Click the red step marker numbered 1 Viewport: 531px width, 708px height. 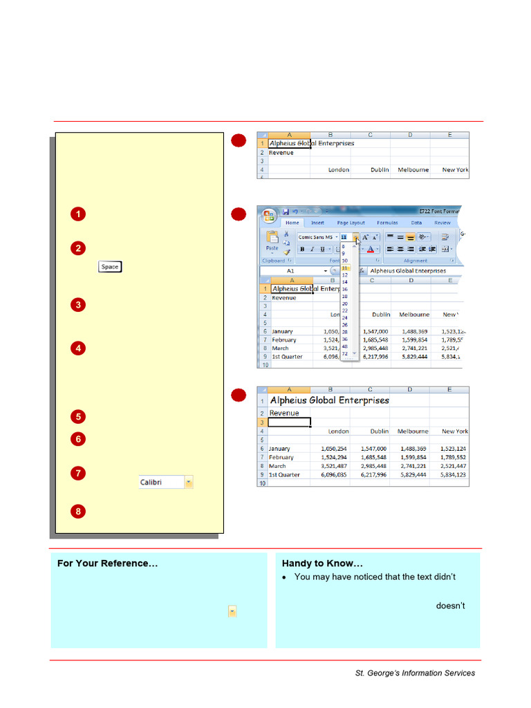pos(78,214)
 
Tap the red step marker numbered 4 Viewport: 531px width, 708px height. pos(78,348)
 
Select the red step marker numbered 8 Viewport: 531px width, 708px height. pos(78,512)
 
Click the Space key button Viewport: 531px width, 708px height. pos(109,267)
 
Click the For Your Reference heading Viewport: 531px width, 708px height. pos(107,563)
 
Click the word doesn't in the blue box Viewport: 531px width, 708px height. pos(450,606)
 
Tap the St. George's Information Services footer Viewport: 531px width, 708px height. pos(415,673)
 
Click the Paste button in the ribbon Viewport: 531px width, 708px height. pos(272,241)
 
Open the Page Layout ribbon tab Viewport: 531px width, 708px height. pos(351,223)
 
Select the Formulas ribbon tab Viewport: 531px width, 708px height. pos(387,223)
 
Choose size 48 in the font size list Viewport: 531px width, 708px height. pos(345,346)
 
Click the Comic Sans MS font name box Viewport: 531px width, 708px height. pos(316,236)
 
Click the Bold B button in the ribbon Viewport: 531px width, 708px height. pos(302,249)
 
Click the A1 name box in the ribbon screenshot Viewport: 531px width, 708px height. pos(290,271)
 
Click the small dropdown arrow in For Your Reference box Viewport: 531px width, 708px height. pos(232,611)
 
